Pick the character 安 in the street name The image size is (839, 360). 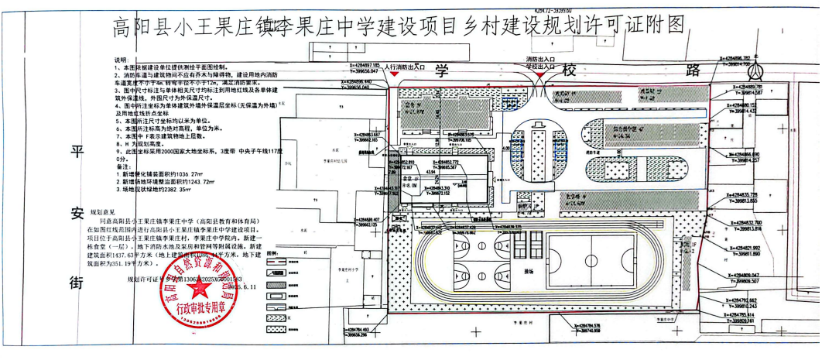click(76, 216)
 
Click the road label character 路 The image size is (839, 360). click(693, 71)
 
